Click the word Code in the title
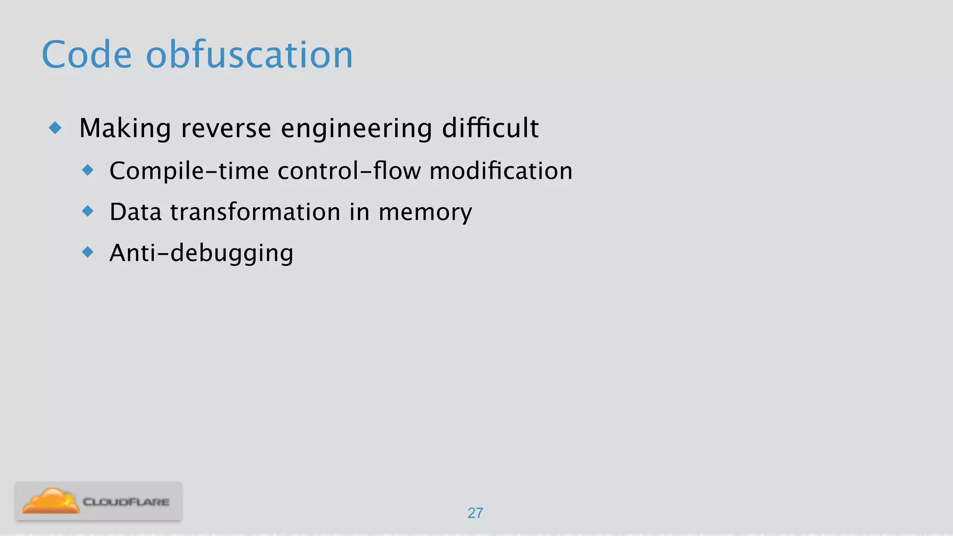[x=87, y=55]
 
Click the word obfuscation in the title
[x=249, y=55]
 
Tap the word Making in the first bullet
[x=125, y=128]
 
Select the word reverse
[x=226, y=128]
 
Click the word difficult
[x=490, y=128]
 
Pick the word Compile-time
[x=189, y=171]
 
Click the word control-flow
[x=349, y=171]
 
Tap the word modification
[x=501, y=171]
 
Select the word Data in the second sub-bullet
[x=135, y=212]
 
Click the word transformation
[x=255, y=212]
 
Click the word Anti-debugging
[x=201, y=254]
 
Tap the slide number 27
[x=475, y=513]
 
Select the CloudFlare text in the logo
[x=126, y=502]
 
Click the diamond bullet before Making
[x=55, y=127]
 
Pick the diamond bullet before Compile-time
[x=87, y=170]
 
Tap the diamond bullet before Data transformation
[x=87, y=211]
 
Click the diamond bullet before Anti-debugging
[x=87, y=252]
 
